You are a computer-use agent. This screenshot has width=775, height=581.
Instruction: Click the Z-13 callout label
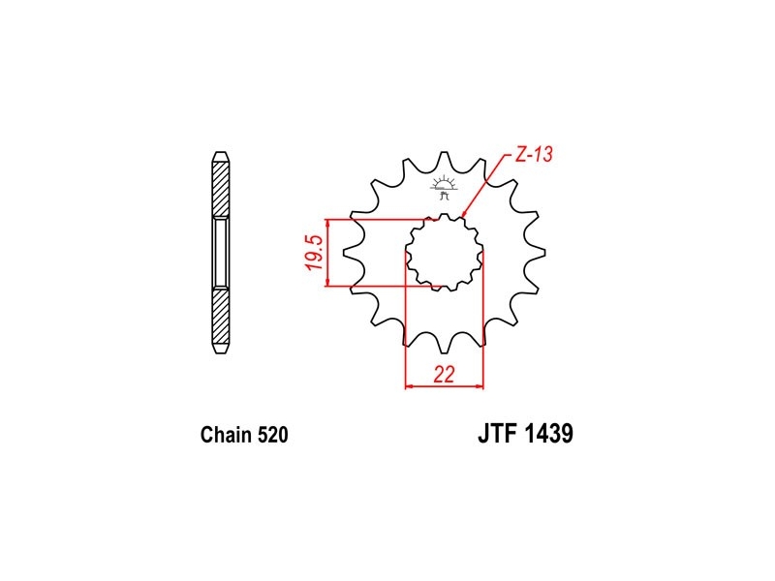tap(534, 155)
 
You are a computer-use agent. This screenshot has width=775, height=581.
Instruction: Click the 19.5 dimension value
tap(314, 253)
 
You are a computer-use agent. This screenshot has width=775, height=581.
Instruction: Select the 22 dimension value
tap(444, 375)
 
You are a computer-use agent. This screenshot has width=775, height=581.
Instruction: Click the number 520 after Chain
tap(273, 435)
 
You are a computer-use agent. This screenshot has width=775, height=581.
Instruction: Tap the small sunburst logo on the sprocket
tap(444, 188)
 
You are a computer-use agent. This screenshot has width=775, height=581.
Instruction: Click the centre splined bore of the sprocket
tap(444, 252)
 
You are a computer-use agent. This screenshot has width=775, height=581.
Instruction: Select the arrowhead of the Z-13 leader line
tap(463, 214)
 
